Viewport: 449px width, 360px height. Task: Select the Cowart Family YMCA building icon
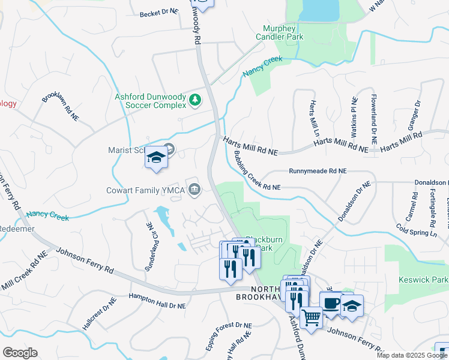(x=194, y=190)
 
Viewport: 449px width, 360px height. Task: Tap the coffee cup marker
(x=330, y=302)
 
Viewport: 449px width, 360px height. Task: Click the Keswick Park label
(x=423, y=280)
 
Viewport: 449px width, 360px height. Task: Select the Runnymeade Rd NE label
(x=318, y=171)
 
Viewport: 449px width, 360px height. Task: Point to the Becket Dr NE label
(x=159, y=12)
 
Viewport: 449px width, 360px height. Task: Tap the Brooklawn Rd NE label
(x=61, y=107)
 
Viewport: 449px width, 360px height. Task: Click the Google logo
(x=20, y=353)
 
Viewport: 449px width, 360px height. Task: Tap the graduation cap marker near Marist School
(x=156, y=158)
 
